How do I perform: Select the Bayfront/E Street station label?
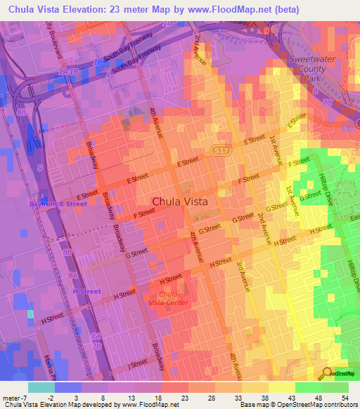[x=58, y=204]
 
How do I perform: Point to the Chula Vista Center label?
[x=168, y=297]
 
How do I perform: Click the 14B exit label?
[x=67, y=72]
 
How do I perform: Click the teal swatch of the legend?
[x=41, y=387]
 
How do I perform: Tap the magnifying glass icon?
[x=327, y=373]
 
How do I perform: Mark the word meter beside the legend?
[x=11, y=396]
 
